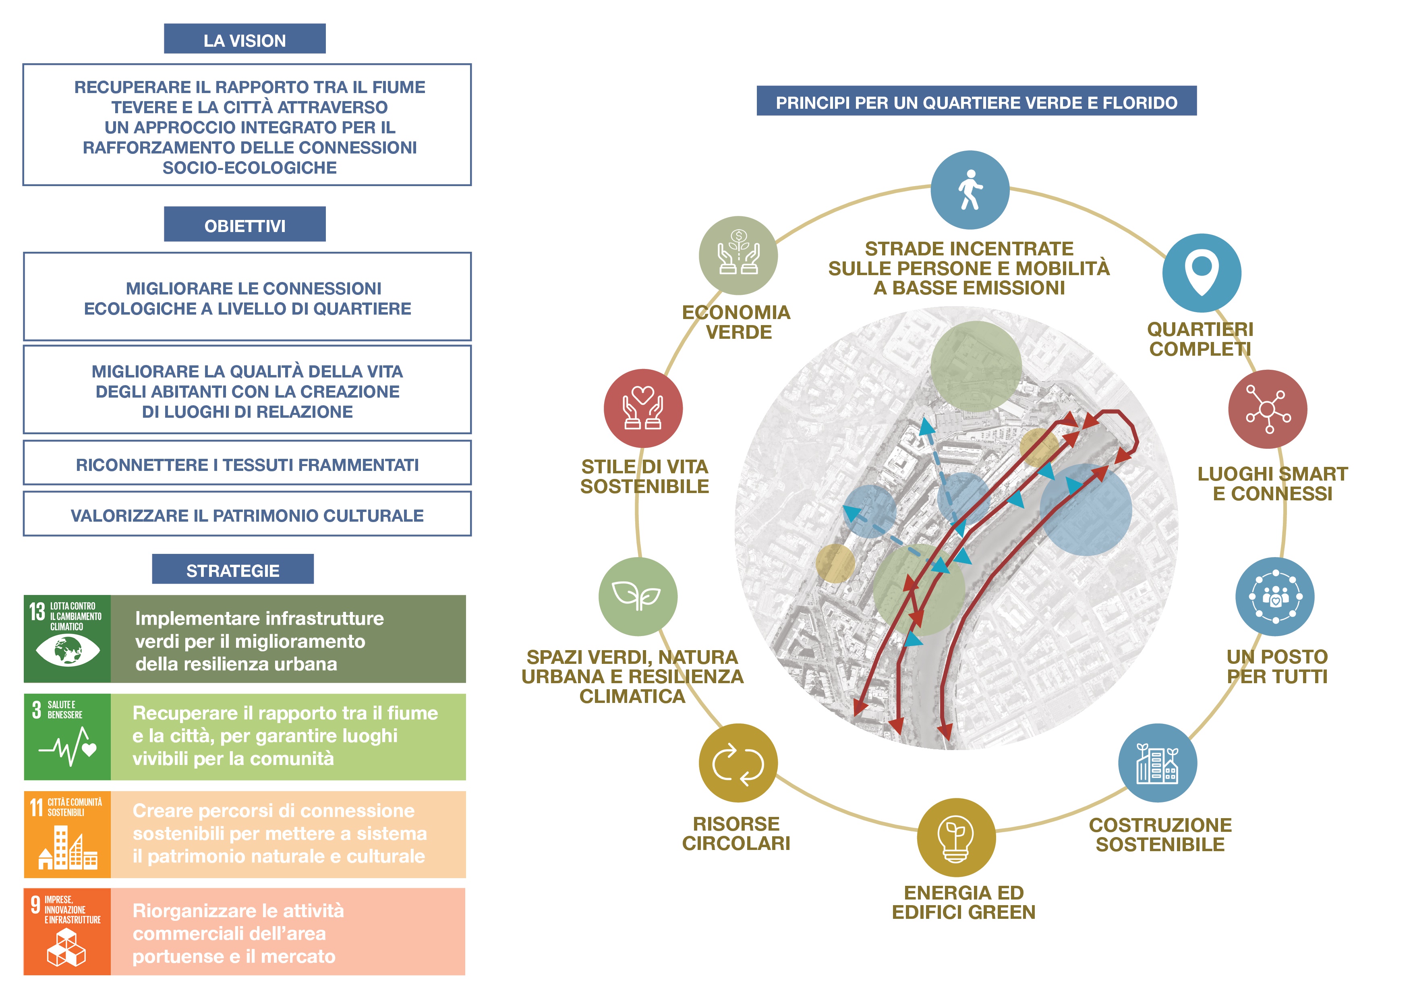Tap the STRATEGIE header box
(x=233, y=569)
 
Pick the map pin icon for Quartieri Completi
(x=1201, y=273)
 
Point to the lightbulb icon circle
(x=956, y=837)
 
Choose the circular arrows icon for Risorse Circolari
(x=738, y=763)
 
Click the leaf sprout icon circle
(x=638, y=597)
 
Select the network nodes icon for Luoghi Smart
(x=1267, y=409)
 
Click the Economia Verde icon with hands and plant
(x=738, y=255)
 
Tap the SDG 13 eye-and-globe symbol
(x=68, y=650)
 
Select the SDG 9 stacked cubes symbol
(x=66, y=948)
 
